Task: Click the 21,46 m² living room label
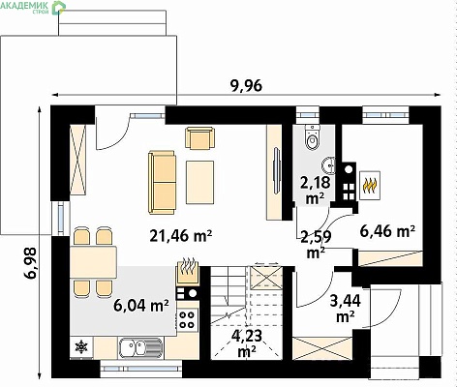(x=180, y=236)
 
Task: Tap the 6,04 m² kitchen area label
(x=141, y=305)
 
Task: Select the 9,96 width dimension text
(x=246, y=85)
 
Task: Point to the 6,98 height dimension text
(x=30, y=262)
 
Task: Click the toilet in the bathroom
(x=313, y=137)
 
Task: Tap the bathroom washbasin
(x=328, y=165)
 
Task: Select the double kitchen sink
(x=140, y=348)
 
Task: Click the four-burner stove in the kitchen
(x=187, y=318)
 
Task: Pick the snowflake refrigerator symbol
(x=81, y=347)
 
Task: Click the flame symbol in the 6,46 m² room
(x=370, y=186)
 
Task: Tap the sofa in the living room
(x=162, y=182)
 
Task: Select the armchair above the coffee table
(x=199, y=137)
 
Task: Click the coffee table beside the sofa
(x=199, y=182)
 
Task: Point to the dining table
(x=93, y=261)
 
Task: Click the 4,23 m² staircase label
(x=247, y=343)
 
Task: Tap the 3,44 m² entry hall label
(x=346, y=309)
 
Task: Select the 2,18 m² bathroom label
(x=315, y=191)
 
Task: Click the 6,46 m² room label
(x=387, y=231)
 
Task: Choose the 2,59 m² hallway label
(x=316, y=245)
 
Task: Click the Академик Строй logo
(x=32, y=7)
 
